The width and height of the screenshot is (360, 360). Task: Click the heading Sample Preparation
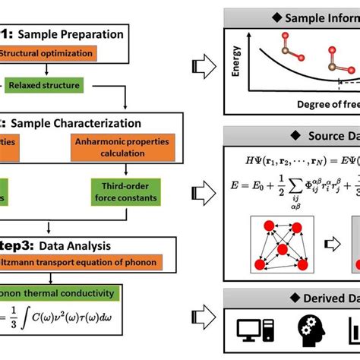81,33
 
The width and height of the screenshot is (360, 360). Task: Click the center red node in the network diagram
282,249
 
